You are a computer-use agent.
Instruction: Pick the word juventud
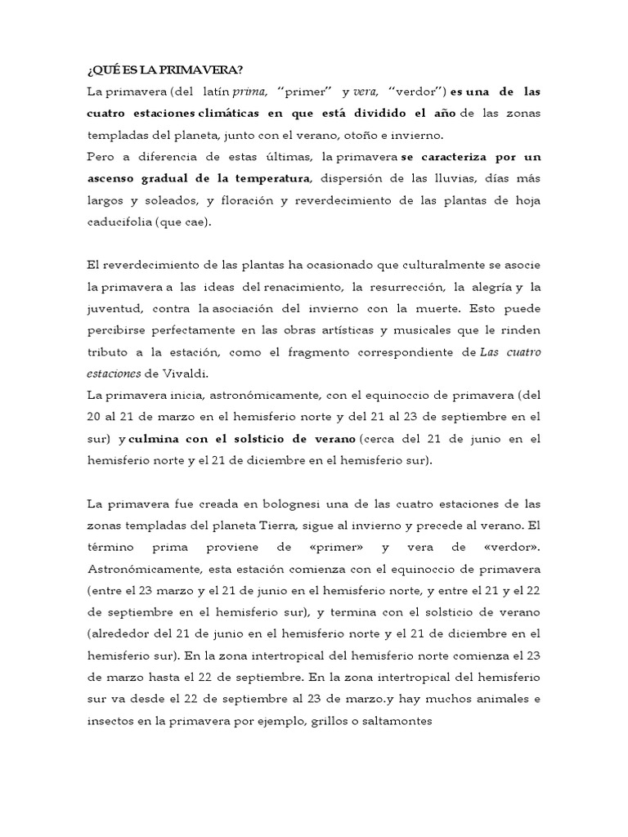pyautogui.click(x=115, y=308)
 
